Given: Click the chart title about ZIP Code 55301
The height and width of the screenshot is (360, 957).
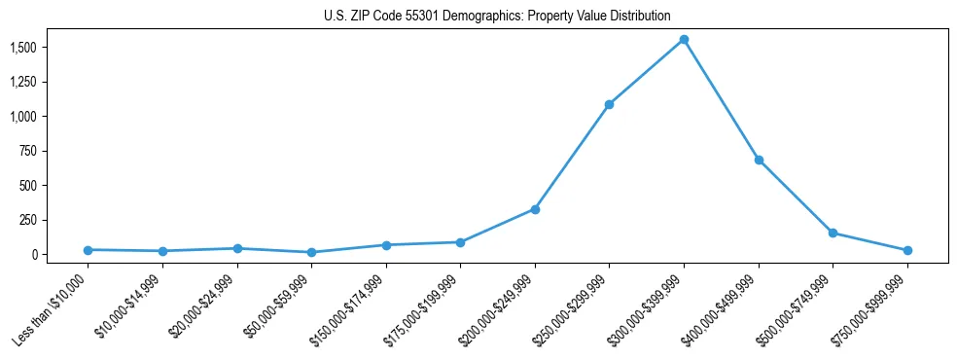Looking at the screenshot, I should pyautogui.click(x=497, y=16).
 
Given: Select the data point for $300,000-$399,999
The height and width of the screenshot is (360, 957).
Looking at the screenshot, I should pyautogui.click(x=684, y=40).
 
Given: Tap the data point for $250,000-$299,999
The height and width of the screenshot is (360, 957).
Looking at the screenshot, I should pyautogui.click(x=609, y=104).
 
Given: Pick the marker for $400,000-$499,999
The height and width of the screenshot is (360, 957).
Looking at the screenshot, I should pyautogui.click(x=759, y=160).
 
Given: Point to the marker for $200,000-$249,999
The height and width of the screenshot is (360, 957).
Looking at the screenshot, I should pyautogui.click(x=535, y=209).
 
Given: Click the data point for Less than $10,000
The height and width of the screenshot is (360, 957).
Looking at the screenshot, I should pyautogui.click(x=88, y=250).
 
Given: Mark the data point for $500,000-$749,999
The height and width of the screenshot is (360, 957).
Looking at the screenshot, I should pyautogui.click(x=833, y=233).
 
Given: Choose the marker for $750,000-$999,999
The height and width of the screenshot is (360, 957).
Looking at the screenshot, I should pyautogui.click(x=907, y=251).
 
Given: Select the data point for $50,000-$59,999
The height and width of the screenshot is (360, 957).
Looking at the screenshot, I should pyautogui.click(x=311, y=252).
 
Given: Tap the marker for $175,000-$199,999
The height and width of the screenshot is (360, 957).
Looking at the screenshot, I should pyautogui.click(x=460, y=242).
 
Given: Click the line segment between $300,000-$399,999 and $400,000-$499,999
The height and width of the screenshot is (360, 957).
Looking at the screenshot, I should pyautogui.click(x=721, y=99).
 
